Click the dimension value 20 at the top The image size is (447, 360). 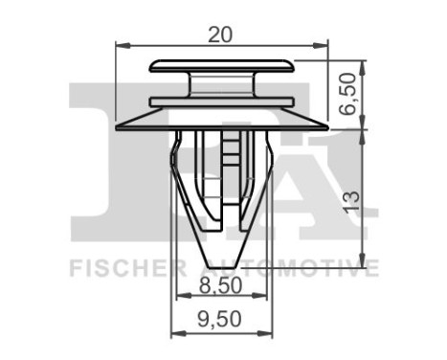click(221, 34)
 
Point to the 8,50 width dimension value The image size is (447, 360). click(221, 283)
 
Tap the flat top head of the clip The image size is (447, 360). click(221, 67)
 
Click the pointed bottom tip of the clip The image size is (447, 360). click(221, 264)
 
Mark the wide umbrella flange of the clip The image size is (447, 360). click(221, 121)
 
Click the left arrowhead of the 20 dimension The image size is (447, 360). click(120, 43)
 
